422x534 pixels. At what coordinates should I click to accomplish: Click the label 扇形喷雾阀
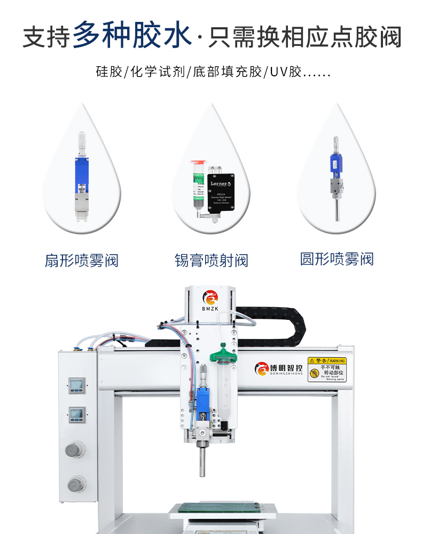[x=82, y=261]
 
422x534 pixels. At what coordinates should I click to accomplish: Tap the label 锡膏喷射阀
[x=212, y=261]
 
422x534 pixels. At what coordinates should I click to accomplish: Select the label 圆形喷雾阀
[x=337, y=260]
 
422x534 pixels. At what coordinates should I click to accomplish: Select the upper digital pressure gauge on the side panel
[x=76, y=384]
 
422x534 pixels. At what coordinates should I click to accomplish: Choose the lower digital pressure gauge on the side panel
[x=76, y=414]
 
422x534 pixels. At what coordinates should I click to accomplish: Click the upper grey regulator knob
[x=75, y=450]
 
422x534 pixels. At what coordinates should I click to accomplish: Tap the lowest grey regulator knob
[x=76, y=484]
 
